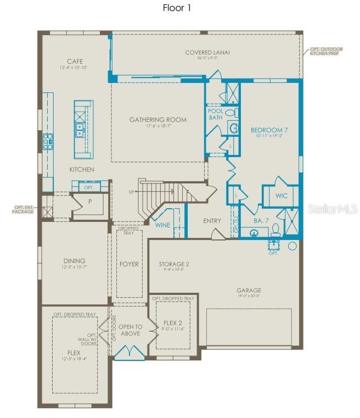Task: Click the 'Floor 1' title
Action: [177, 8]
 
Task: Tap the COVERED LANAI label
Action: [207, 53]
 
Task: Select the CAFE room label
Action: [75, 61]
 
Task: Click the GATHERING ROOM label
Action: [158, 120]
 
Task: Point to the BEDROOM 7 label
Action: [268, 130]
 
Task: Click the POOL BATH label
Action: [215, 114]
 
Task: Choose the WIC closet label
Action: [282, 196]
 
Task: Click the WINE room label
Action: [162, 225]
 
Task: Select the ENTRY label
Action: [212, 221]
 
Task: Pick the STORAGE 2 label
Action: [174, 264]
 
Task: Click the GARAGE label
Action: [249, 291]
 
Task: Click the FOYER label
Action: [129, 264]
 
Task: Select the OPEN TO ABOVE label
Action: [130, 330]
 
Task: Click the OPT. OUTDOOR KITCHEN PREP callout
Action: [326, 51]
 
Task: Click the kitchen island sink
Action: [80, 130]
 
